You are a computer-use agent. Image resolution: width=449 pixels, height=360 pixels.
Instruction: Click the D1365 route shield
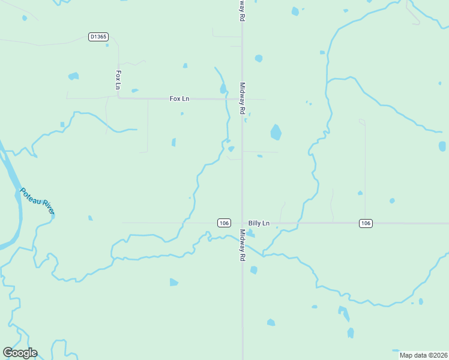98,37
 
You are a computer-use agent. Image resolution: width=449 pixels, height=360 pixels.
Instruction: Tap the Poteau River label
37,201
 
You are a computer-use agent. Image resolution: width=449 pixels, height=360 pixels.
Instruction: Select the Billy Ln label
259,223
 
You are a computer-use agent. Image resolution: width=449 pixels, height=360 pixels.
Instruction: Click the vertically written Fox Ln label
118,80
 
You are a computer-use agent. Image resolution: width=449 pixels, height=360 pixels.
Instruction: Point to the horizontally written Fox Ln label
179,98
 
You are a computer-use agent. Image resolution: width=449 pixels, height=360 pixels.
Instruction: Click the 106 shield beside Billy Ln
224,223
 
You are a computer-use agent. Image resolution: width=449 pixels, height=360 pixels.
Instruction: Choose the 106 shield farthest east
366,223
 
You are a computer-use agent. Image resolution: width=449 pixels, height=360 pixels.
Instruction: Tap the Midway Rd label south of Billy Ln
243,245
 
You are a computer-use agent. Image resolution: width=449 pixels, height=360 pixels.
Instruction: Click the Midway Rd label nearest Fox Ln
243,98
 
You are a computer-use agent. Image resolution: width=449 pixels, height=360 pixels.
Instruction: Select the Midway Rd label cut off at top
242,11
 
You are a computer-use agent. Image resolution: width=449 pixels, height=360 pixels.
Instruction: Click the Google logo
20,353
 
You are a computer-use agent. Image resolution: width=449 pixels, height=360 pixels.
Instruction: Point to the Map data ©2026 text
418,355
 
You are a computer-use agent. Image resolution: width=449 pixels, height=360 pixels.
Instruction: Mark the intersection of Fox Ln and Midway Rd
242,99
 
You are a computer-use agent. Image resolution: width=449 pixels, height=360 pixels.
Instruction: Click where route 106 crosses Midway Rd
242,223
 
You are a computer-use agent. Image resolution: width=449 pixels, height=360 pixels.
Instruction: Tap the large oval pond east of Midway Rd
276,132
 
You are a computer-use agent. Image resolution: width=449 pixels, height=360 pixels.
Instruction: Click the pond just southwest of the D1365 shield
73,76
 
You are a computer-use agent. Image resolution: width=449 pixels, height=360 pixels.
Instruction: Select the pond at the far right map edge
442,146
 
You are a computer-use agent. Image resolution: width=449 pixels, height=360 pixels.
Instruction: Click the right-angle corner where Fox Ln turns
119,98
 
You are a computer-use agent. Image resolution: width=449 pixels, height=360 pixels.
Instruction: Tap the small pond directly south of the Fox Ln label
181,113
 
